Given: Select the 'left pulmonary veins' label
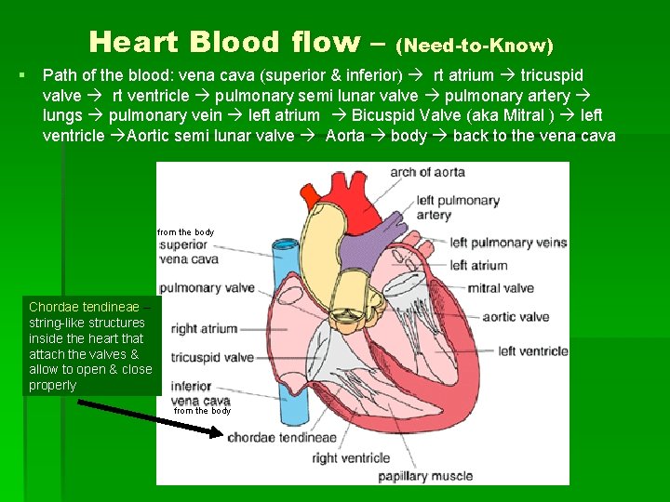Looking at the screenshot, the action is point(508,243).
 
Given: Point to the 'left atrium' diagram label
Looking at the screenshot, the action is point(478,265).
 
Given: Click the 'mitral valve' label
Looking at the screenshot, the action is point(500,287).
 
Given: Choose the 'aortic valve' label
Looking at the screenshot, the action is point(516,317).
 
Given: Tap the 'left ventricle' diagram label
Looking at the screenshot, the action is point(532,351).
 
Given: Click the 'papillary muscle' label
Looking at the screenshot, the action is point(424,477).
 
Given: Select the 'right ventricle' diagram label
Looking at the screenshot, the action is point(350,457).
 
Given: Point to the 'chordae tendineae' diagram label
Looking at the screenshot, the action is point(282,437).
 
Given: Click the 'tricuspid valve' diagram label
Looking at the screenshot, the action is point(212,357).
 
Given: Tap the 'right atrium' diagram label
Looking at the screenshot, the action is point(205,328).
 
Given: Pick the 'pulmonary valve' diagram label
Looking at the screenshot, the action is point(207,288).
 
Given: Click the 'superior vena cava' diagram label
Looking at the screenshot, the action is point(189,253).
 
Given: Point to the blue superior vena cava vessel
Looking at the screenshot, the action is point(283,270).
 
